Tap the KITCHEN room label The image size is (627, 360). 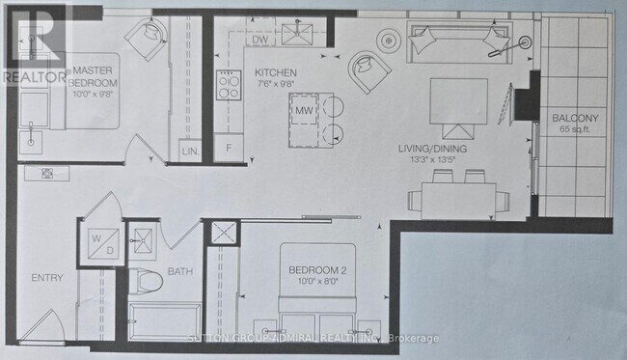click(x=275, y=73)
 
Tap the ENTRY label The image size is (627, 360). click(x=46, y=278)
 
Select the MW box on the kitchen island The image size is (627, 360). click(x=306, y=113)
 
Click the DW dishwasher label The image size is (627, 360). click(x=259, y=40)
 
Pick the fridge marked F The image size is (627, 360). click(x=228, y=149)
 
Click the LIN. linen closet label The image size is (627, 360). click(x=189, y=151)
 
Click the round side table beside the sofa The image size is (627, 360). click(x=389, y=41)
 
